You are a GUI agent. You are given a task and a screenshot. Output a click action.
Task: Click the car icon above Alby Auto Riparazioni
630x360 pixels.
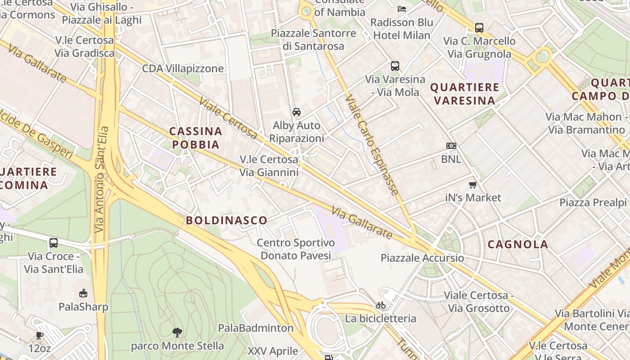click(x=297, y=112)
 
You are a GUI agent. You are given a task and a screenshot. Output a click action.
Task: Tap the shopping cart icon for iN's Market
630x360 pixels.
click(x=472, y=184)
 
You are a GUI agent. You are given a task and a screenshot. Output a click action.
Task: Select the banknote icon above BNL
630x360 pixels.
click(x=451, y=146)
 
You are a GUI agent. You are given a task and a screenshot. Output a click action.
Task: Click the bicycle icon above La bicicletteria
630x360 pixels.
click(x=381, y=305)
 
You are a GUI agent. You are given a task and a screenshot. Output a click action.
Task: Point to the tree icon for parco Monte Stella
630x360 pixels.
click(x=177, y=333)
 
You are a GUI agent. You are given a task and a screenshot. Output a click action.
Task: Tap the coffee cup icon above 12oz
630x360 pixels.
click(x=40, y=335)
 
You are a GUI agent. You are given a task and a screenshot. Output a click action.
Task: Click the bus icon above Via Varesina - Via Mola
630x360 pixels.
click(x=395, y=66)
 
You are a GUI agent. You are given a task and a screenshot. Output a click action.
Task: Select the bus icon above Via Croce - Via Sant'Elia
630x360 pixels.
click(x=54, y=243)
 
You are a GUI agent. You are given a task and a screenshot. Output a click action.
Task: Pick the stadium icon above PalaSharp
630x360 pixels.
click(x=83, y=293)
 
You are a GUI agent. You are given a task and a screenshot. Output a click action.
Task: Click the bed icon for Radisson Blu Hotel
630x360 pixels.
click(x=401, y=9)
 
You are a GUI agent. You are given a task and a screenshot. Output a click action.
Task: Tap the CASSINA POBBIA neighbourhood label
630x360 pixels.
click(x=196, y=138)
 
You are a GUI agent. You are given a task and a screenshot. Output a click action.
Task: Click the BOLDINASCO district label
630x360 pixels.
click(x=226, y=220)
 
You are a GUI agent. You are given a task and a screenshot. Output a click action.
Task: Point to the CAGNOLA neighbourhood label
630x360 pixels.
click(x=518, y=244)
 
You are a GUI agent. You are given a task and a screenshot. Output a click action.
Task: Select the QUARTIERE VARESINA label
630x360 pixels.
click(x=465, y=94)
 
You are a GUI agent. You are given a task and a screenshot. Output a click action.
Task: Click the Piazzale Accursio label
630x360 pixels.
click(x=422, y=258)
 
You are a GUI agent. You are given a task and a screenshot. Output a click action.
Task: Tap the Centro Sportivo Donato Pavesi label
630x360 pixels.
click(x=296, y=249)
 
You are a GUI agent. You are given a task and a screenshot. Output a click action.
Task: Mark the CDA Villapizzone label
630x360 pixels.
click(x=183, y=69)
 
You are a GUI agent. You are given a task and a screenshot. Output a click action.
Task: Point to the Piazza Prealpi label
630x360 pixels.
click(x=593, y=202)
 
